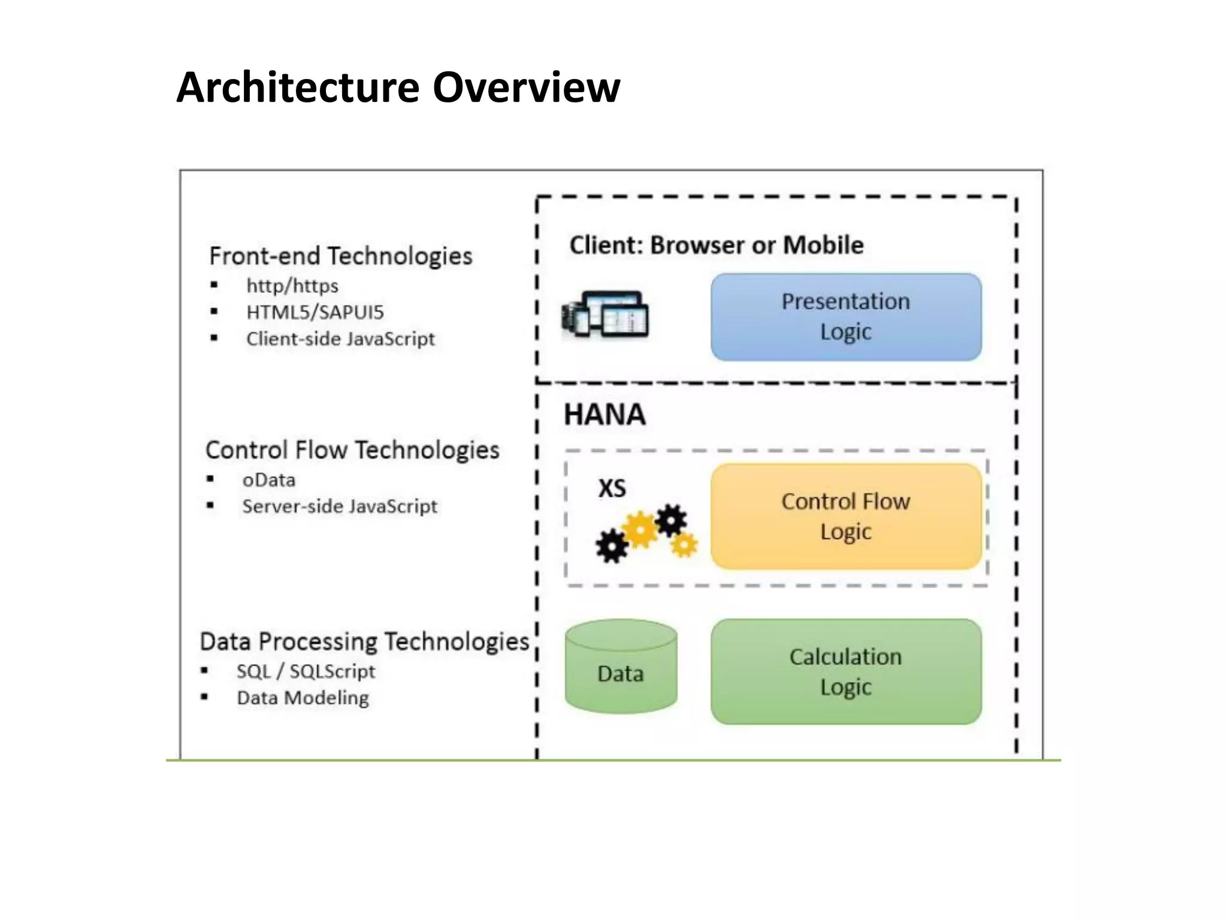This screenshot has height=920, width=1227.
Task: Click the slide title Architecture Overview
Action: [398, 87]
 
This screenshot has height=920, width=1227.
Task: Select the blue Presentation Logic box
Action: [845, 317]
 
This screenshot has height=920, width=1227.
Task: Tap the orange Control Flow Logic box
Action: [845, 516]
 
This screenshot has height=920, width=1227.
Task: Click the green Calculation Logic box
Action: [845, 671]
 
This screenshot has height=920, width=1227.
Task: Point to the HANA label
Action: [605, 414]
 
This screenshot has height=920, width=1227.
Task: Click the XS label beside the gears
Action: [612, 488]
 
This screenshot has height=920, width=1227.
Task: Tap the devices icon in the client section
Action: [605, 314]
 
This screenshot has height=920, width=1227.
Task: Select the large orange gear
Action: [640, 530]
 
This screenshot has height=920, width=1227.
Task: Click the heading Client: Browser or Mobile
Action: [716, 245]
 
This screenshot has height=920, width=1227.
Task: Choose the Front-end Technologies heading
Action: [340, 256]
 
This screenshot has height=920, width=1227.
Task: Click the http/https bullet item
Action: [292, 286]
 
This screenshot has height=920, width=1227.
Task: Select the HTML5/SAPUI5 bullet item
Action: [315, 312]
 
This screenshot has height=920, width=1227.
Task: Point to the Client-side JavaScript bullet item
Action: [340, 339]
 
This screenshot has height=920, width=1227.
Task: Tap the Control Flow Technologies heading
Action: [352, 450]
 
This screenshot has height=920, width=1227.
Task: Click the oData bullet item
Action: [268, 480]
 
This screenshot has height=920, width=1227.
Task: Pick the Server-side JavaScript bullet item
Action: [340, 507]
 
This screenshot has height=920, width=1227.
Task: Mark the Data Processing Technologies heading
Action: [364, 641]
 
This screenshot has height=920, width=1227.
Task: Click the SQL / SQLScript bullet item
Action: [306, 671]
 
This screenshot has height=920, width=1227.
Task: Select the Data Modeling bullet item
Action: [303, 698]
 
